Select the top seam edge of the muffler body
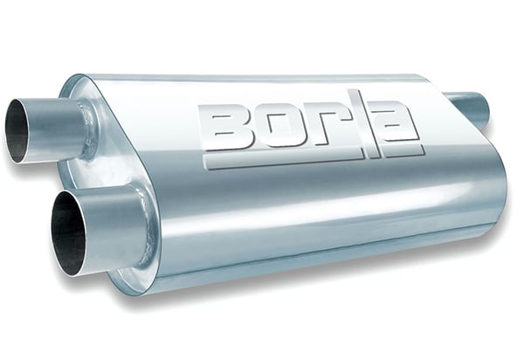pyautogui.click(x=262, y=79)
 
